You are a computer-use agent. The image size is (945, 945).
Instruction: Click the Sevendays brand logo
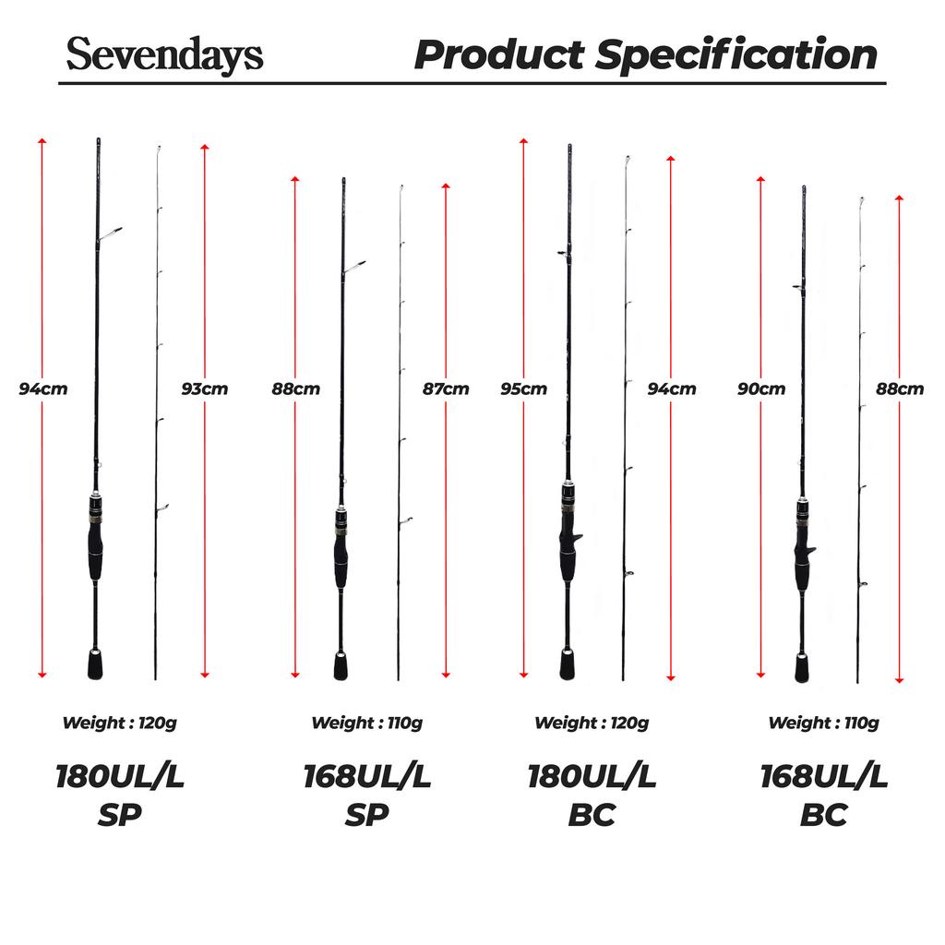coord(164,56)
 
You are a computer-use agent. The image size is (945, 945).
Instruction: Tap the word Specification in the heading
coord(736,56)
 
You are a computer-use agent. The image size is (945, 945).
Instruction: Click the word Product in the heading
coord(498,56)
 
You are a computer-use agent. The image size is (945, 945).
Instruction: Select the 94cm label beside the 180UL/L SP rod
coord(43,389)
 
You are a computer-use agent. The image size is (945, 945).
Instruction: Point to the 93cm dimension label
coord(204,389)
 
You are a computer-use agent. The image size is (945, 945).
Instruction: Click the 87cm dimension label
coord(445,389)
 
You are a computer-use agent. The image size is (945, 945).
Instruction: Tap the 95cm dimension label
coord(524,389)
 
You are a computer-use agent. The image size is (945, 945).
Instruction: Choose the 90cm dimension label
coord(761,389)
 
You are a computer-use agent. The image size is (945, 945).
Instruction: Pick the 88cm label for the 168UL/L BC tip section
coord(899,389)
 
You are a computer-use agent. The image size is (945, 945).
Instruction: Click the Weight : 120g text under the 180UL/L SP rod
coord(119,723)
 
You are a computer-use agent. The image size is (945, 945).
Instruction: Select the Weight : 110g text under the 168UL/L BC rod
coord(823,723)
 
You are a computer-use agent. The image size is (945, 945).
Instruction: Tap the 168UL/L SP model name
coord(367,795)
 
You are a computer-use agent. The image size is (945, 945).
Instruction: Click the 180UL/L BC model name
coord(592,795)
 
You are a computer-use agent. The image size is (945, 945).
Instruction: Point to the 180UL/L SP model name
coord(120,795)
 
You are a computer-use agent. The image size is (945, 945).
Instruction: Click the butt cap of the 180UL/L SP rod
coord(95,665)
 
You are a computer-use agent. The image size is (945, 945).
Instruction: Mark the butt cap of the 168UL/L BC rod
coord(803,666)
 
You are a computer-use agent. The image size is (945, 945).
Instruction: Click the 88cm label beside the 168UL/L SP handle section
coord(295,389)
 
